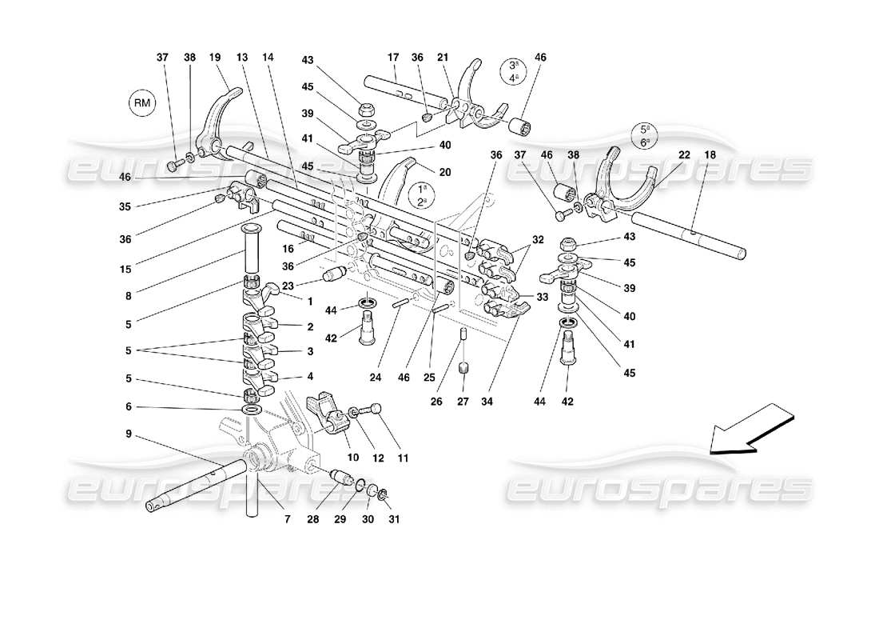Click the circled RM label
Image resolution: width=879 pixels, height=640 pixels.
tap(142, 103)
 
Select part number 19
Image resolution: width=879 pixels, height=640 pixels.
tap(215, 58)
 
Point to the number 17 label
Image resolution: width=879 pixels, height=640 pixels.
tap(393, 58)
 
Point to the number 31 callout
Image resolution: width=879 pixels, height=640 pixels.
tap(393, 519)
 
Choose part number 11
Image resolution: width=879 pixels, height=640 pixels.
tap(403, 458)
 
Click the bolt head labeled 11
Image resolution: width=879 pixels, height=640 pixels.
tap(376, 410)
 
